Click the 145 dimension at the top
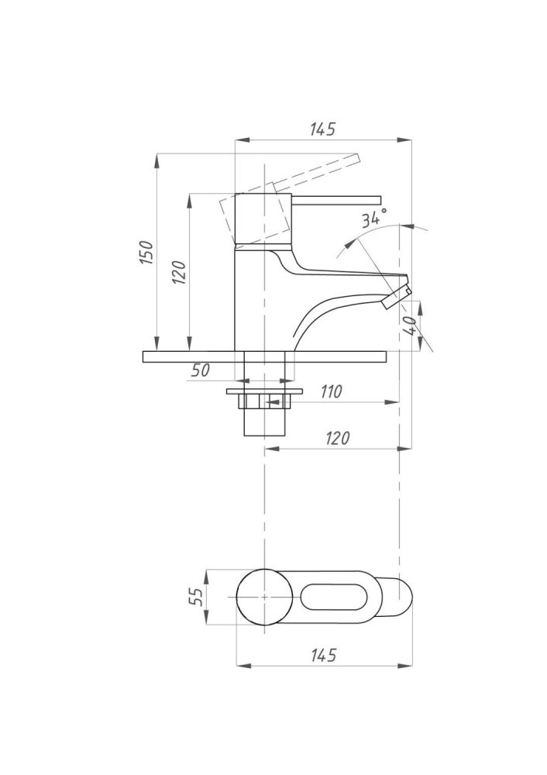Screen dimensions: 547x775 click(322, 129)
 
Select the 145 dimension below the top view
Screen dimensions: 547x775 click(324, 655)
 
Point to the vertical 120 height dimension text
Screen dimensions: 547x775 click(180, 271)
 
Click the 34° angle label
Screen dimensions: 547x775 click(373, 218)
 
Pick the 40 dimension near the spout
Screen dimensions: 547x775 click(410, 326)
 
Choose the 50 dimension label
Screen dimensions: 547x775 click(200, 370)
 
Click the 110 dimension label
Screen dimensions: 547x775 click(331, 392)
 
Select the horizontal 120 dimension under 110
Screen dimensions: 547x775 click(338, 438)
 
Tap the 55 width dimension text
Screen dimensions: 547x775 click(196, 597)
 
